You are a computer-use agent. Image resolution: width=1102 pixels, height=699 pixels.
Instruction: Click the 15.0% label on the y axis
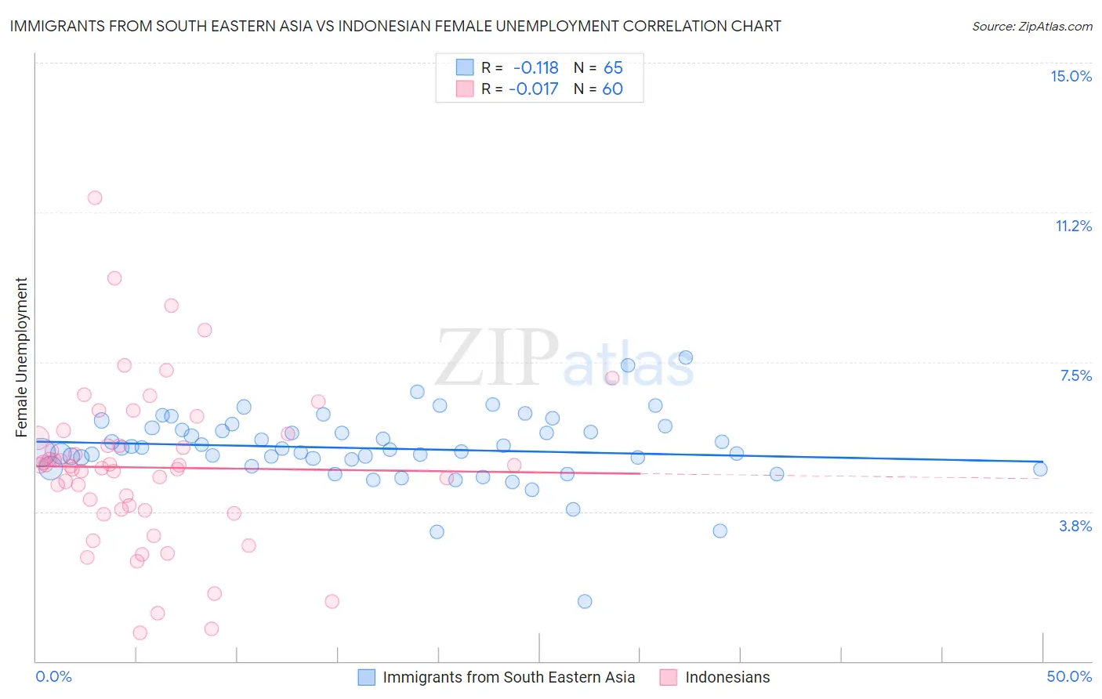point(1071,76)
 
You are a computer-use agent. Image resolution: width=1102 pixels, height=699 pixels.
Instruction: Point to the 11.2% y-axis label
point(1073,226)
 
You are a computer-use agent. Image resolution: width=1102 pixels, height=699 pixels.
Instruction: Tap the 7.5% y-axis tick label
point(1075,376)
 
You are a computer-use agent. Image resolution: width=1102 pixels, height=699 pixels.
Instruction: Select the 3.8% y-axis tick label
point(1075,526)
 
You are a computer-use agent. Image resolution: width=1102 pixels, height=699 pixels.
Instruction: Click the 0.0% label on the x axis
point(53,676)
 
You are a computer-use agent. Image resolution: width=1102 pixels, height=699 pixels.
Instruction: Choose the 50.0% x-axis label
point(1069,676)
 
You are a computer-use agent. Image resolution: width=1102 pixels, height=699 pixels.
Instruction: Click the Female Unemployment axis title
point(21,357)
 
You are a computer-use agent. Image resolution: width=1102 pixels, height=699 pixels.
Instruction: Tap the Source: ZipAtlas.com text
point(1031,27)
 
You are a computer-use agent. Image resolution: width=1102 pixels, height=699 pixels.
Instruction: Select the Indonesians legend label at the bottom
point(727,677)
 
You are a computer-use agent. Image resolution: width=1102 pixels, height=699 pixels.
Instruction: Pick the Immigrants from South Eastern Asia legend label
point(509,677)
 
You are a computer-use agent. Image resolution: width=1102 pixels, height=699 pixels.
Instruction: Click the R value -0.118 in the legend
point(536,68)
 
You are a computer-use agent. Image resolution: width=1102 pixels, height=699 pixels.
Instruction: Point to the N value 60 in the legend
point(612,89)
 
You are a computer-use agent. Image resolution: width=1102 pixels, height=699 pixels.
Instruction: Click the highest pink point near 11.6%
point(95,197)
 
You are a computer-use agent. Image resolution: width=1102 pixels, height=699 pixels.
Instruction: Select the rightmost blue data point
point(1040,469)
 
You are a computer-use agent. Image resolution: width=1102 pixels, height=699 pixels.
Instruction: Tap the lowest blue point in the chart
point(585,602)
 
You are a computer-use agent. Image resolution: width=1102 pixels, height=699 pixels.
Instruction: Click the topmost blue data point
point(685,357)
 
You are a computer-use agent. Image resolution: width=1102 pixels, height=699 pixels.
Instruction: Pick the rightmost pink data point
point(612,378)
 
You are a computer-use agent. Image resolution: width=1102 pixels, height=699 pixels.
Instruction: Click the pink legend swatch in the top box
point(465,89)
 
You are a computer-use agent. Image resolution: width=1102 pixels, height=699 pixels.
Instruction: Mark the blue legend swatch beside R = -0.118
point(465,68)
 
